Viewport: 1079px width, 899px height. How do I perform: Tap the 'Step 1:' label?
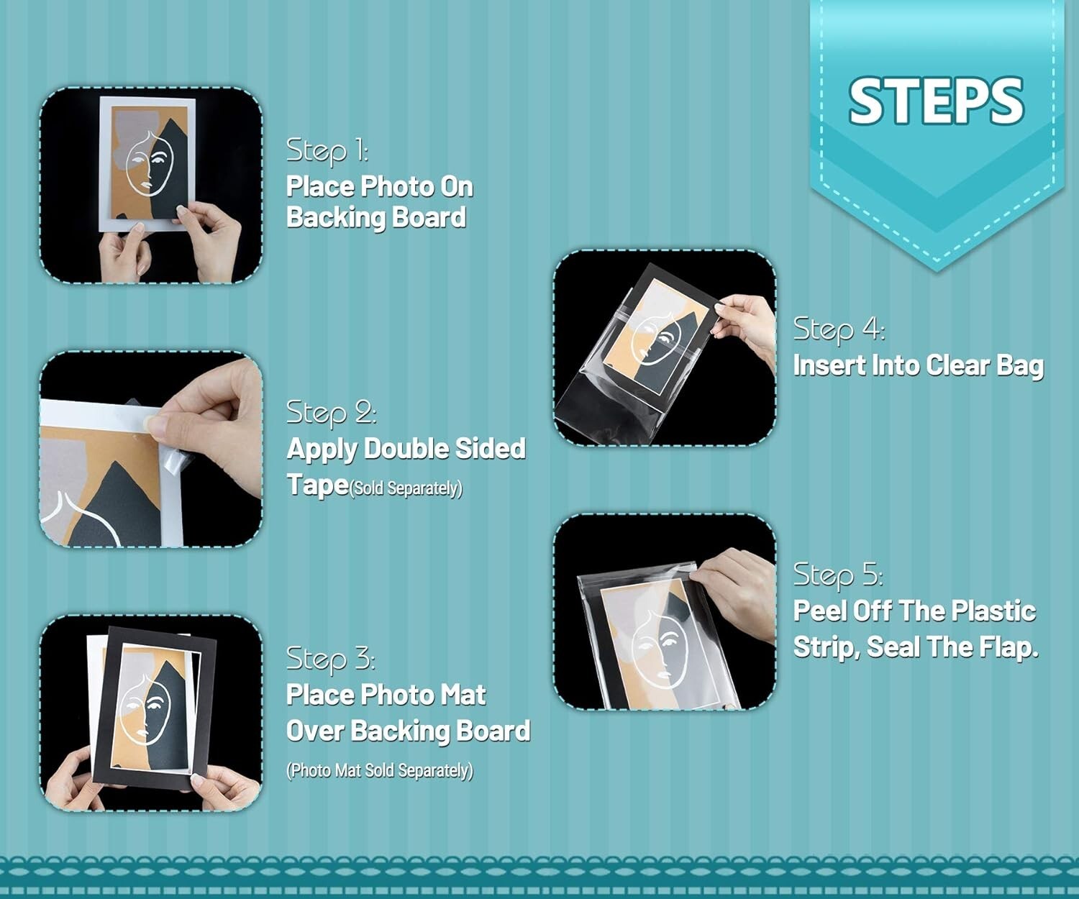coord(327,151)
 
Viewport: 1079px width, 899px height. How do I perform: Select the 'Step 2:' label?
coord(331,413)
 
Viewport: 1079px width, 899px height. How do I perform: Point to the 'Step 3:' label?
coord(331,660)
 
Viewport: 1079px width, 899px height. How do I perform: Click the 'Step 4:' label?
coord(839,329)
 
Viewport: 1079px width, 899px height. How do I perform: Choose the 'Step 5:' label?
coord(838,575)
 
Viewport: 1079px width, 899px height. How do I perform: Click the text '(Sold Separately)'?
coord(406,488)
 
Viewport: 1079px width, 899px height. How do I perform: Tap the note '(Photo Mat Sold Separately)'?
coord(380,770)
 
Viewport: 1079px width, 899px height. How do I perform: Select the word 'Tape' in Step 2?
coord(317,485)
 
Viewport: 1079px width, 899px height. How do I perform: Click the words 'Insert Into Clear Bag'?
coord(919,365)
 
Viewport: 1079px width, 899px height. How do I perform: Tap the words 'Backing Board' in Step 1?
coord(376,217)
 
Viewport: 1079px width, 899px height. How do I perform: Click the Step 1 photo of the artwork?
coord(151,185)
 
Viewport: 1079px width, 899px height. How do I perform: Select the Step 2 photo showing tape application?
coord(151,449)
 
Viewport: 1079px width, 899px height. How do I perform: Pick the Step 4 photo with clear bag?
coord(665,347)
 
